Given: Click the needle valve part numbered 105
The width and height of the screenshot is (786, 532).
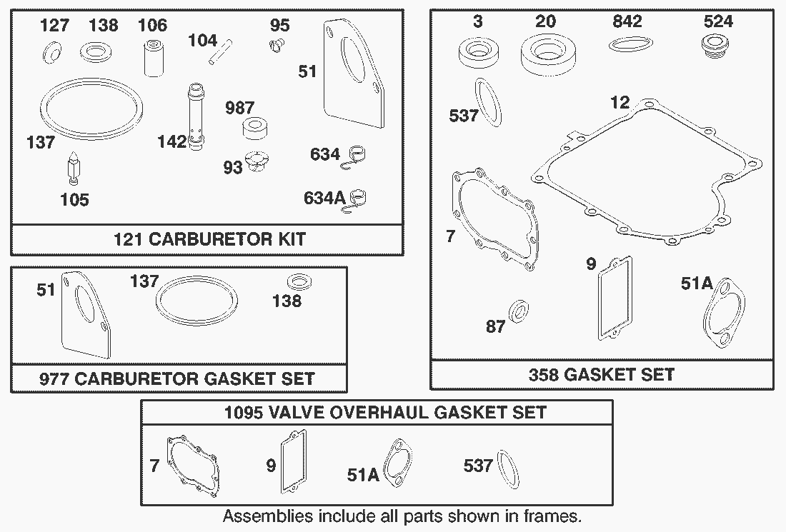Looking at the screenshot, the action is (x=73, y=169).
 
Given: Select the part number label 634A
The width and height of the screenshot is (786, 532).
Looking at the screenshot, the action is (x=324, y=199).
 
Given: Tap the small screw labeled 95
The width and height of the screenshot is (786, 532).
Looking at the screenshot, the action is (x=276, y=47).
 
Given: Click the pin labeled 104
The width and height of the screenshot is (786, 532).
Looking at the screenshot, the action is (x=221, y=51).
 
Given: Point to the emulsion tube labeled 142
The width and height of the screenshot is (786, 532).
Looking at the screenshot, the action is (x=196, y=117).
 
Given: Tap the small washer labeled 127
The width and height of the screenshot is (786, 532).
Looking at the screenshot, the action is (x=51, y=53).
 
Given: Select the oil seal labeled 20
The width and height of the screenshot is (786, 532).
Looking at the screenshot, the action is (x=548, y=53).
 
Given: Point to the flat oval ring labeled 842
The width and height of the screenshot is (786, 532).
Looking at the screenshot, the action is (x=631, y=44).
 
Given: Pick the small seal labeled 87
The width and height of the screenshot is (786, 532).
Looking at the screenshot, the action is (x=519, y=311).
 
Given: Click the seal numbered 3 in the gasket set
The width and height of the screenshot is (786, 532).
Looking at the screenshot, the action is (x=479, y=52).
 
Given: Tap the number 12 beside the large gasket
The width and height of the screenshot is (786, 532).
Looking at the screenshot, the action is (x=620, y=102).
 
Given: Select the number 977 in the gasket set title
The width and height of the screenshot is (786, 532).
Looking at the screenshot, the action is (x=54, y=378).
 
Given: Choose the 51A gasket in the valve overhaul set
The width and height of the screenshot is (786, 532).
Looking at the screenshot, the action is (x=398, y=464).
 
